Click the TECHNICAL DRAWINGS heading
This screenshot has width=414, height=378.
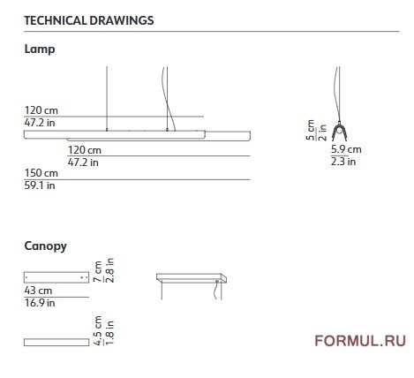click(89, 20)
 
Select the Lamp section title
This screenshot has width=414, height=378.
click(40, 49)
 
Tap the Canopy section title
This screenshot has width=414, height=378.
click(45, 246)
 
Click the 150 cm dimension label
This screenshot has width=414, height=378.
click(41, 173)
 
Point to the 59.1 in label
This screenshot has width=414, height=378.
click(40, 185)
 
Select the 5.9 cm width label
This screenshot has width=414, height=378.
click(346, 149)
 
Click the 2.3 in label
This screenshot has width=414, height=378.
click(343, 162)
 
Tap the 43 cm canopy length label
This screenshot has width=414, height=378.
click(38, 291)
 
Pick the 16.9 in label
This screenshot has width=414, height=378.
click(40, 303)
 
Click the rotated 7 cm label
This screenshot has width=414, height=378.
click(97, 271)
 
